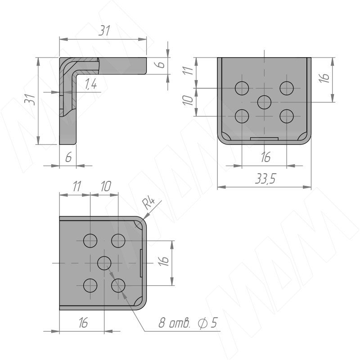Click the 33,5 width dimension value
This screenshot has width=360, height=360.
coord(265,179)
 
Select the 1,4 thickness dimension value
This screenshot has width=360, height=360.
coord(91,84)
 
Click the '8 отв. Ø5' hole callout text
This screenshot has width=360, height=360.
coord(188,323)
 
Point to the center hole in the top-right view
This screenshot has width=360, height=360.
coord(264,102)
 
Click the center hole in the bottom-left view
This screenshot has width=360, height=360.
coord(104,263)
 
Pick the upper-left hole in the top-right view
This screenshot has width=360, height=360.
coord(242,88)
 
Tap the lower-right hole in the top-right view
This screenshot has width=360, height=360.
coord(287,116)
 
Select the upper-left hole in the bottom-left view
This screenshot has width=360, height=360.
coord(90,241)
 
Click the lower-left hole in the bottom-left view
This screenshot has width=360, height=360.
coord(90,285)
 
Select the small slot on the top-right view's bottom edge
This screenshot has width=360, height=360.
coord(264,139)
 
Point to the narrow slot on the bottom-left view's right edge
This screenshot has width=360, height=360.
coord(141,263)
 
